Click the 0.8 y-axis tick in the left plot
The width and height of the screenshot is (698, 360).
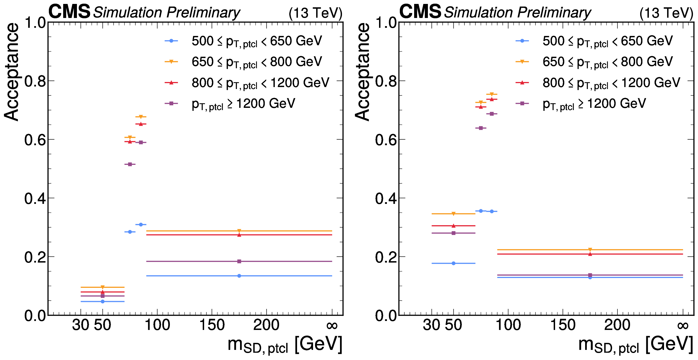(35, 82)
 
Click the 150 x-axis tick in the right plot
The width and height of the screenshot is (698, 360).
(563, 325)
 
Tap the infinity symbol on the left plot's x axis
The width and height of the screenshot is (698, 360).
(332, 326)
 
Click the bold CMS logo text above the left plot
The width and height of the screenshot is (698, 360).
(69, 12)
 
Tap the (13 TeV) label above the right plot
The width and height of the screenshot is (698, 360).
(666, 13)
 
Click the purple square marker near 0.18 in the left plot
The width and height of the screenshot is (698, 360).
(239, 261)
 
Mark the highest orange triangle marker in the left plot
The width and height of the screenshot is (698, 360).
(141, 117)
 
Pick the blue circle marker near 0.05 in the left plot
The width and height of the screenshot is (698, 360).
(102, 302)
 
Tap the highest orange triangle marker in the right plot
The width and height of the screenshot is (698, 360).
(492, 94)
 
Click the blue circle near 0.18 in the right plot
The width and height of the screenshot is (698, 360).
(453, 263)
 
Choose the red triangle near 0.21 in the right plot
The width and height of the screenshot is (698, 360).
(590, 254)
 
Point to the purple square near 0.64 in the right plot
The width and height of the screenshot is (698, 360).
(481, 128)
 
